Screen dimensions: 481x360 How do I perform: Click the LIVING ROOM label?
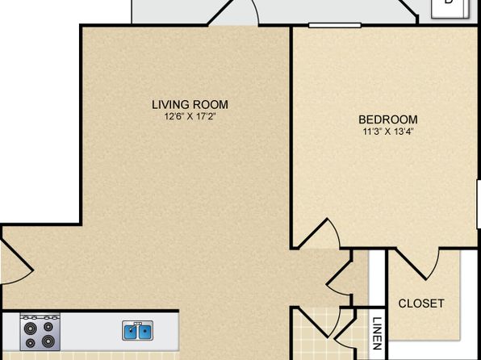pos(190,105)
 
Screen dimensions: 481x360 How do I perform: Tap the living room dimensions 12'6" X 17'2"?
pos(188,116)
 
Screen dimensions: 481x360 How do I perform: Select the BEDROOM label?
pos(388,119)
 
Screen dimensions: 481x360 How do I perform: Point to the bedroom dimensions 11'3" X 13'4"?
pos(388,132)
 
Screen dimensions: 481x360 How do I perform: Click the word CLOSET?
pos(421,303)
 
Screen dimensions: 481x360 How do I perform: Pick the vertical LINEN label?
pos(377,333)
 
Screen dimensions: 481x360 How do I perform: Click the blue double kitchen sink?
pos(137,330)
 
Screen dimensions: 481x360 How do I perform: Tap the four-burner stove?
pos(40,332)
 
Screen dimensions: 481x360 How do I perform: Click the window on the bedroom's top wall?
pos(335,25)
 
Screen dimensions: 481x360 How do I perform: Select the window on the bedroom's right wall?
pos(479,204)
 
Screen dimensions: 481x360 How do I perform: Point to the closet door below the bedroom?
pos(418,264)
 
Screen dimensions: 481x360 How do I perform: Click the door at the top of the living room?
pos(233,12)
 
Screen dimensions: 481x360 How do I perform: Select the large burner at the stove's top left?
pos(30,329)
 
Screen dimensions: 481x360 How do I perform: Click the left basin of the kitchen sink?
pos(130,332)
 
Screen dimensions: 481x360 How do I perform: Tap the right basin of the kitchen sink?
pos(144,332)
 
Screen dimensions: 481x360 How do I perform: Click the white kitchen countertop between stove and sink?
pos(91,332)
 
